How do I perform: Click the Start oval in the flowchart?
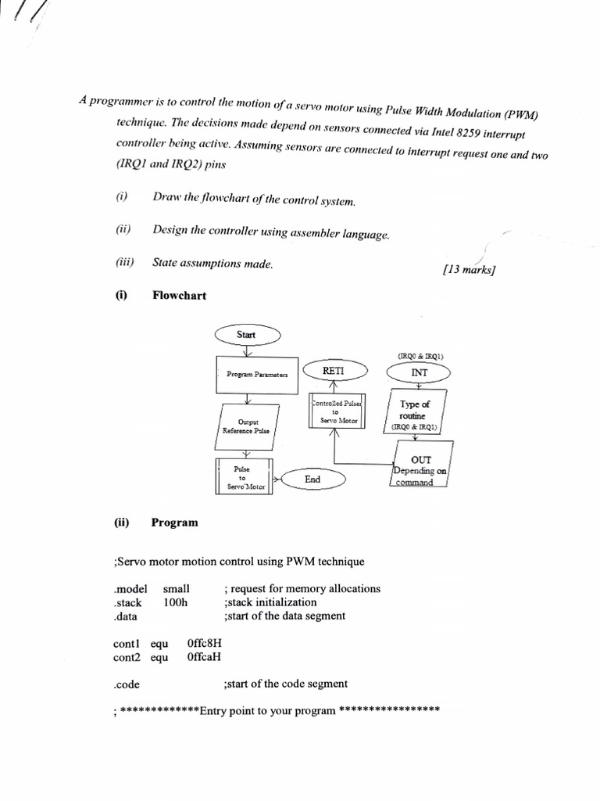[247, 335]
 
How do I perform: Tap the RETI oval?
[334, 369]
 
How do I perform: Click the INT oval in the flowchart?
[420, 373]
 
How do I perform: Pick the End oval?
[312, 480]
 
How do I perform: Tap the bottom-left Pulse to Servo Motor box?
[243, 477]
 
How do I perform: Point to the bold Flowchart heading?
[179, 295]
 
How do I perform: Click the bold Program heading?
[174, 523]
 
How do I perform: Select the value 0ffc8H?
[205, 644]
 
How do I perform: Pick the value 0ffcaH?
[204, 657]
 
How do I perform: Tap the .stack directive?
[127, 602]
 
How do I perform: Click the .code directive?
[127, 684]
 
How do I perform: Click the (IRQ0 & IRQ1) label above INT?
[420, 356]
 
